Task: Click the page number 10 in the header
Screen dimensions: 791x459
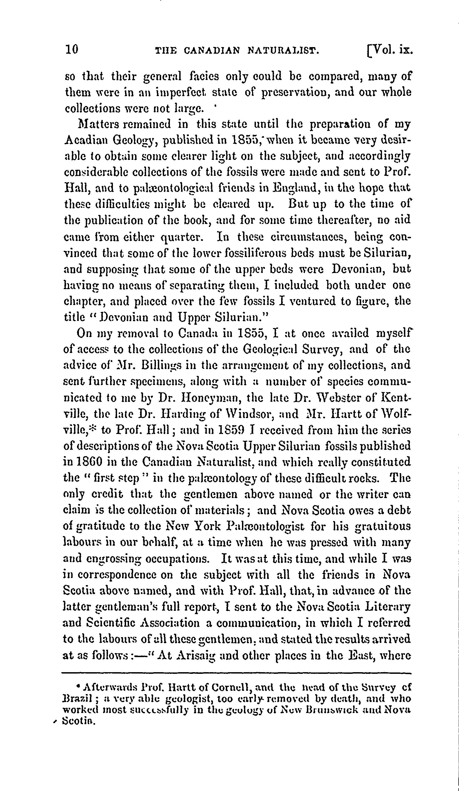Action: [x=71, y=50]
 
